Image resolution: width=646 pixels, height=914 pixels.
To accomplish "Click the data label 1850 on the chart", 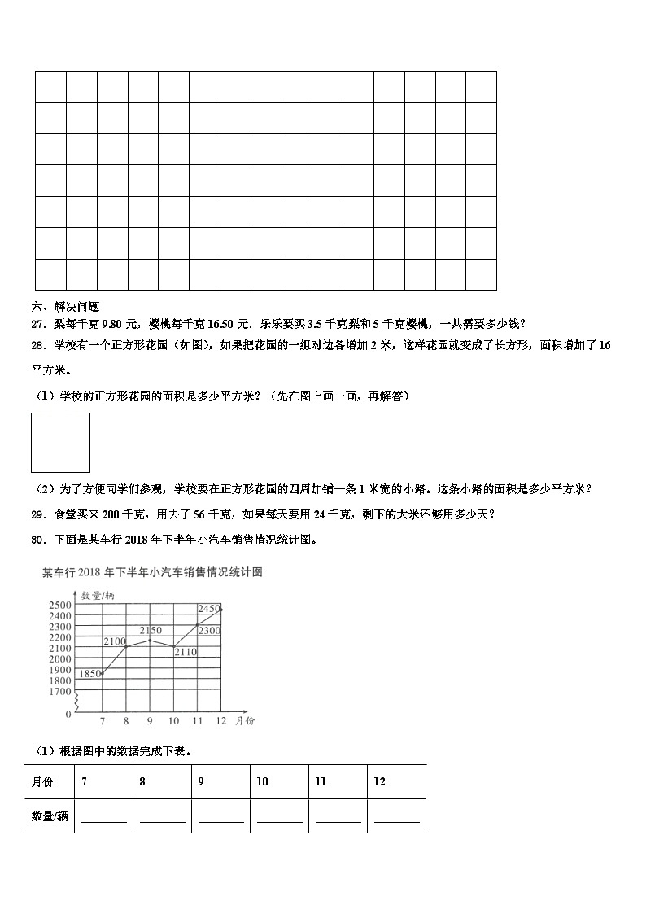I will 89,673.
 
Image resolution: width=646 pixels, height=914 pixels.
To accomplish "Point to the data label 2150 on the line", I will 151,631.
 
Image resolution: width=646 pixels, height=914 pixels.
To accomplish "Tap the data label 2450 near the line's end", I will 209,609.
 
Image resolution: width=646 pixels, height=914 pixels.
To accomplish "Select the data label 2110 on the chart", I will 186,652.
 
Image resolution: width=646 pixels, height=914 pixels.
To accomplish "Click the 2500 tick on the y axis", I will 60,605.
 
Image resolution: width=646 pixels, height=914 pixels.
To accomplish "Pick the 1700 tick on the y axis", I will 60,691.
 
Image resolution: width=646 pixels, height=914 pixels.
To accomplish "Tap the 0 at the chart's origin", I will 68,714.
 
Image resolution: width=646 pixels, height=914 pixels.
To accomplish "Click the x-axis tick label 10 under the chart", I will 173,721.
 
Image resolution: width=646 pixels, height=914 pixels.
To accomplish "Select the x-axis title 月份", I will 245,721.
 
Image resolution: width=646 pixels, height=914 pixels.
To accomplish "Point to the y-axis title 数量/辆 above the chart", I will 98,596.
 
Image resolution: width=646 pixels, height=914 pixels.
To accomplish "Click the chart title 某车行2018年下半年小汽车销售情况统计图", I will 152,573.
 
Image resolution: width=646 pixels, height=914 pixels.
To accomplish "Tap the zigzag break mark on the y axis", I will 76,701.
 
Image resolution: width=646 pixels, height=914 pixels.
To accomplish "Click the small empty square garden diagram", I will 60,443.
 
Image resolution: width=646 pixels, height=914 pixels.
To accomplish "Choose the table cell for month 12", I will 396,781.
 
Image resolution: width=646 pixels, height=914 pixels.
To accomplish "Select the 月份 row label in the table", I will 42,781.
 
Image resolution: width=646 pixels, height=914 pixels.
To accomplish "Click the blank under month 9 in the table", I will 220,817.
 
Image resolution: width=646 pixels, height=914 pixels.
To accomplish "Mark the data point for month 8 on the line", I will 125,646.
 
